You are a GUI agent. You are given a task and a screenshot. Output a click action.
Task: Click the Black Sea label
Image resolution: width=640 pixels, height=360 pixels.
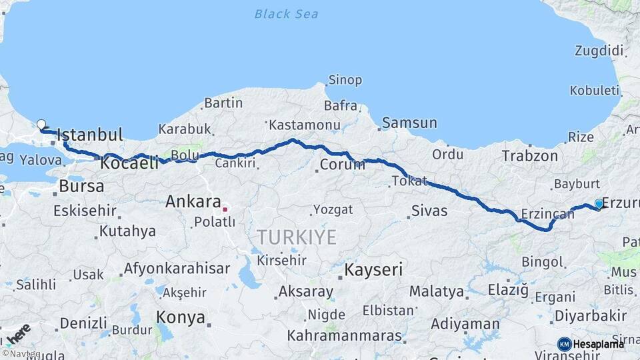point(286,13)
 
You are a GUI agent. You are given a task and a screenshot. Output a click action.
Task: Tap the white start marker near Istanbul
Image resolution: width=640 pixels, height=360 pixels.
point(41,124)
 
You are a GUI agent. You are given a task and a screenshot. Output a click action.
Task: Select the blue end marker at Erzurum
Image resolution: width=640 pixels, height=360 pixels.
point(599,203)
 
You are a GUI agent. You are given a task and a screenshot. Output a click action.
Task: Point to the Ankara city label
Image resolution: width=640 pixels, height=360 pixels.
point(193,201)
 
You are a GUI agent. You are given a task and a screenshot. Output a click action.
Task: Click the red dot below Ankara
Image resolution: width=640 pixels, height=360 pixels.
point(225,209)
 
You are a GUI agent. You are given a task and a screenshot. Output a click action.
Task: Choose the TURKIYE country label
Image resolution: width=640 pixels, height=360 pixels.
point(297,237)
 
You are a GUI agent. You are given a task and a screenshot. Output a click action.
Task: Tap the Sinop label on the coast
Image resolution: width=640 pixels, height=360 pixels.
point(345,80)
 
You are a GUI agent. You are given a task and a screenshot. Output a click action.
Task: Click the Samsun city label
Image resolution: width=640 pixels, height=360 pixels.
point(409,123)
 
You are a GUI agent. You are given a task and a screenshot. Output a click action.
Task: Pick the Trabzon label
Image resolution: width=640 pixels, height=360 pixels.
point(530,156)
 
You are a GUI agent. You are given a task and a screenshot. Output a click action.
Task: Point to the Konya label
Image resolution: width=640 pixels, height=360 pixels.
point(180,317)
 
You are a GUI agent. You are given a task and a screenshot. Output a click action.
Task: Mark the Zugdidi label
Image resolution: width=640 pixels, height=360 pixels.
point(599,51)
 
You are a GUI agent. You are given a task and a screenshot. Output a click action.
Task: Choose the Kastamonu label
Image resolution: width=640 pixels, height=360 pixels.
point(300,125)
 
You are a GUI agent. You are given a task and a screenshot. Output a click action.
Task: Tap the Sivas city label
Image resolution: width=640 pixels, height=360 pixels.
point(429,211)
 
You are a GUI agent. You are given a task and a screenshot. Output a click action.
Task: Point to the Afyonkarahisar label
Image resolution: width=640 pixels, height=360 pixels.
point(177,269)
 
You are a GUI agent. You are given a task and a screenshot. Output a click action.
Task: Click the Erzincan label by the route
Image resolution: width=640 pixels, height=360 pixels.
point(547,214)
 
